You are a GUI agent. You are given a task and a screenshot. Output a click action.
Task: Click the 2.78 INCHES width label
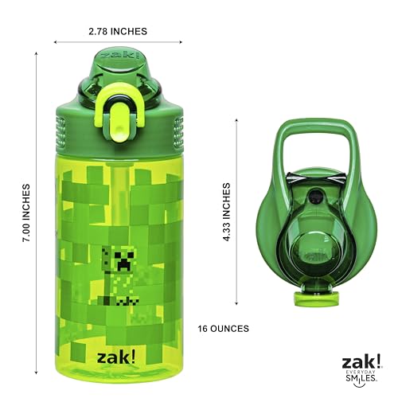tap(118, 31)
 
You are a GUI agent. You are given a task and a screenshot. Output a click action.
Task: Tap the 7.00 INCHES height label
tap(25, 213)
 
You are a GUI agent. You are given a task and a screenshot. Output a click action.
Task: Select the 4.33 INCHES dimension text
tap(226, 212)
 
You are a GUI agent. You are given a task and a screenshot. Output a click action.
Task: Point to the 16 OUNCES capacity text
tap(223, 329)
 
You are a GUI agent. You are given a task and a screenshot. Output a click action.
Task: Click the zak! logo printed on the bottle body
tap(116, 357)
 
